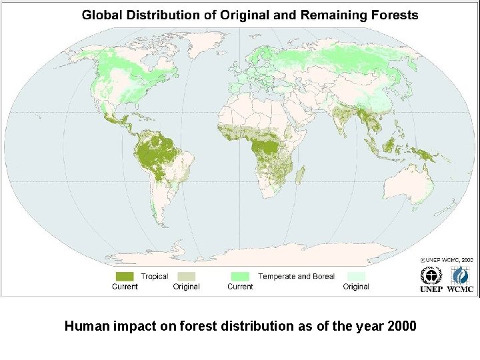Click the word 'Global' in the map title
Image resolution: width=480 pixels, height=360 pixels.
pos(101,15)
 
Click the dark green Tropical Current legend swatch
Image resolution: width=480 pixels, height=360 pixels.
pos(125,276)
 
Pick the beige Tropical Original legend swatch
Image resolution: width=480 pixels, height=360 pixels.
pos(186,276)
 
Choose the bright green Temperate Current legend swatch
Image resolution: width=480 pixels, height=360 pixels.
pos(240,276)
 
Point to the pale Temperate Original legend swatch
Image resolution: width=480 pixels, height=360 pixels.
pos(356,276)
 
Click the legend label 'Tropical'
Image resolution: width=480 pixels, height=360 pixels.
pos(154,276)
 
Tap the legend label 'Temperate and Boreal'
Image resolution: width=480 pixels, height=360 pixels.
pos(296,276)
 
